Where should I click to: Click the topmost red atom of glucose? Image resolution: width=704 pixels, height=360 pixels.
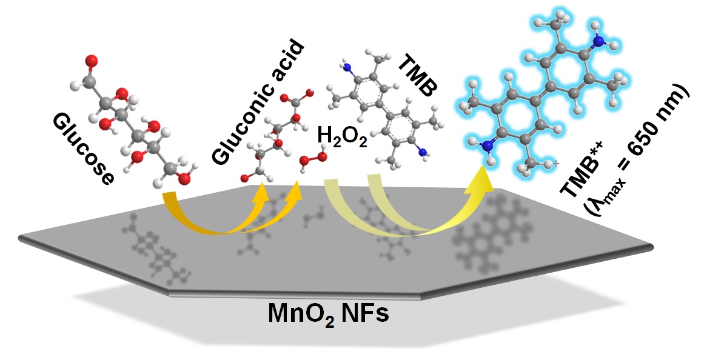92,61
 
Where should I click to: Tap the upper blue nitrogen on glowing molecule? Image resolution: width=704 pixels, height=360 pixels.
598,41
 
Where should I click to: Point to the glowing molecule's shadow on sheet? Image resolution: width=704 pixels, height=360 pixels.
491,227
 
